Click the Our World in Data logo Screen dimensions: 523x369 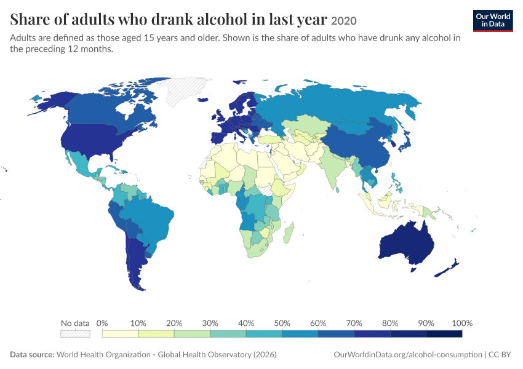click(493, 21)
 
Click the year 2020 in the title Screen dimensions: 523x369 click(344, 21)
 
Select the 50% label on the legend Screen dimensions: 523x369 click(282, 323)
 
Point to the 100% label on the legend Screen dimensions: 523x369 click(462, 323)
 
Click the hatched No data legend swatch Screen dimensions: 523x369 click(76, 334)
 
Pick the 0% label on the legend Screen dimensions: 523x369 click(102, 323)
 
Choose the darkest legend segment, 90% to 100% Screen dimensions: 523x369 click(444, 334)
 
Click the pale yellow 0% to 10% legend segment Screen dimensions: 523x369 click(120, 334)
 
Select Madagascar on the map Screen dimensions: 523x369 click(289, 232)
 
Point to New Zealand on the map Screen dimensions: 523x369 click(447, 268)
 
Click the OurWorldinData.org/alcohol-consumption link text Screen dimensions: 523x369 click(408, 355)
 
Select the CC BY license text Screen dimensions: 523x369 click(500, 355)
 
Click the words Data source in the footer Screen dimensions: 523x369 click(32, 355)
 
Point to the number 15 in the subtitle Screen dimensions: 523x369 click(148, 38)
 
